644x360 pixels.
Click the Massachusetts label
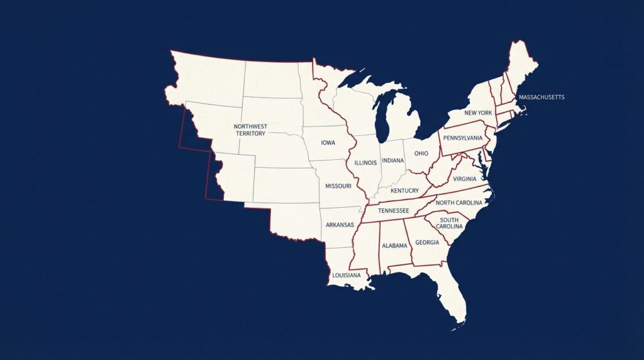click(x=541, y=97)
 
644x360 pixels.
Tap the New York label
click(x=478, y=113)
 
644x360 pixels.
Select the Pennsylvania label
click(x=462, y=138)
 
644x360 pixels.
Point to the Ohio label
click(x=421, y=153)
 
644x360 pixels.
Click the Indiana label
click(x=392, y=160)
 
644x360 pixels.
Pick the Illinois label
click(x=365, y=162)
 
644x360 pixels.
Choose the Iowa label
click(x=328, y=143)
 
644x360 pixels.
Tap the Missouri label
click(x=338, y=186)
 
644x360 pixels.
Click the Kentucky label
click(x=404, y=191)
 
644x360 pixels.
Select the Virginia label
click(x=464, y=179)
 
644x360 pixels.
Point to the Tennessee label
click(x=394, y=211)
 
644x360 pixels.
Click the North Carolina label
click(x=458, y=203)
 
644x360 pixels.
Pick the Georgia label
click(x=427, y=242)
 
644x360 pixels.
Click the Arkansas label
click(x=340, y=225)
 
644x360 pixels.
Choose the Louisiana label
click(x=346, y=275)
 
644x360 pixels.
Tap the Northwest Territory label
click(x=250, y=130)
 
